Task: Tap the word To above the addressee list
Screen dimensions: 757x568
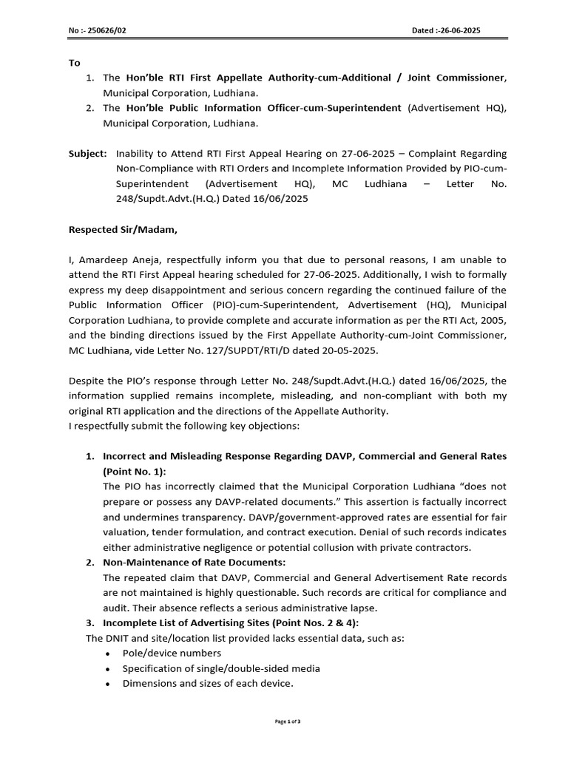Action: pos(75,63)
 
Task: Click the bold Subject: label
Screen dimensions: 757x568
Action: pos(87,153)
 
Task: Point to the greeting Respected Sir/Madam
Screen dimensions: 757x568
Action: pos(123,229)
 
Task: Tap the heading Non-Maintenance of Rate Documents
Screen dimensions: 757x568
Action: pos(195,563)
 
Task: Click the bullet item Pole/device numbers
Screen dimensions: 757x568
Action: pos(172,654)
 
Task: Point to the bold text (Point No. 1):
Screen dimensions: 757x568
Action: pos(135,472)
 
